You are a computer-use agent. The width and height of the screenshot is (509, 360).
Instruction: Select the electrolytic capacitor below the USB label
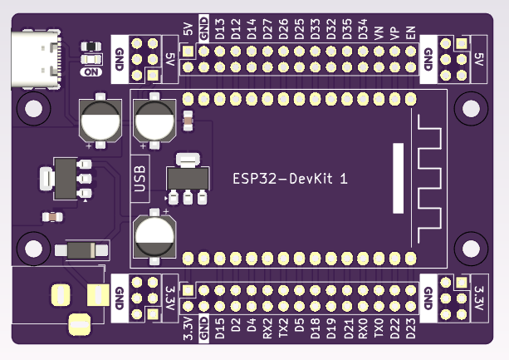coord(154,235)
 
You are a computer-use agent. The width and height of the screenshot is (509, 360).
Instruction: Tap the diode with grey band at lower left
coord(81,250)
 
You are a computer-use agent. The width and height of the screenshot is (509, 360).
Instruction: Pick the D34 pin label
coord(363,32)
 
